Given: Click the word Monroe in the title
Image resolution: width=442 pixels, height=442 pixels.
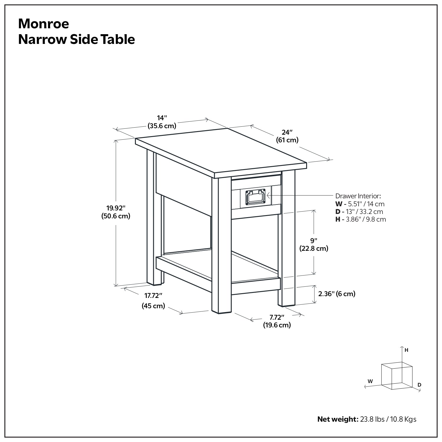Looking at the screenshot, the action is (x=44, y=24).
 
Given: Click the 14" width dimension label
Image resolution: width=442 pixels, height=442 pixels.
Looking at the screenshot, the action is (x=162, y=118).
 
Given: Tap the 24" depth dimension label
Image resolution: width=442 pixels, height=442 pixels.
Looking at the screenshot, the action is (x=287, y=132).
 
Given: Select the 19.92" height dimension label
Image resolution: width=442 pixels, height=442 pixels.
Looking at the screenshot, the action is (x=116, y=208).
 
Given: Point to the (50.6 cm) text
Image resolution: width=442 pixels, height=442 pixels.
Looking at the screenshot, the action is (x=116, y=216).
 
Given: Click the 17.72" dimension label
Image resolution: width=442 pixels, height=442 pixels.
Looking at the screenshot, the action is (x=153, y=296).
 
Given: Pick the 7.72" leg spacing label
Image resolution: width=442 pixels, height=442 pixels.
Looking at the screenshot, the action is (x=277, y=317).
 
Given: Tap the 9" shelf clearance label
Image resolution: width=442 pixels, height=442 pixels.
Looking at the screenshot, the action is (x=314, y=240).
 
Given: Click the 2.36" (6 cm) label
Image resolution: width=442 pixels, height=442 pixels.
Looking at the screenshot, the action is (x=337, y=294).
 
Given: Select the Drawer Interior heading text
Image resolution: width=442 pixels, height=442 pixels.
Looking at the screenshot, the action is (x=358, y=196).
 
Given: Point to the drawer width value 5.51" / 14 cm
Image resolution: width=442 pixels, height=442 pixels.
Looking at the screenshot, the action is (x=366, y=204).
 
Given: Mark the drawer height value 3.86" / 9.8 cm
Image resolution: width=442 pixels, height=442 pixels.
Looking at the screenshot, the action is (x=367, y=219).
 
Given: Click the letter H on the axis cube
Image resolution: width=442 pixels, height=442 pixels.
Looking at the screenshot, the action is (x=406, y=350).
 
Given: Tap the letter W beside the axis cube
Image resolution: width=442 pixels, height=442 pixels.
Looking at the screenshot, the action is (x=370, y=381).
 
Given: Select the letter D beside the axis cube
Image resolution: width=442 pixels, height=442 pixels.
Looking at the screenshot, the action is (x=419, y=385).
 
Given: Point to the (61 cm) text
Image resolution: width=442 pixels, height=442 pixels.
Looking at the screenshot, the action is (x=287, y=140).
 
